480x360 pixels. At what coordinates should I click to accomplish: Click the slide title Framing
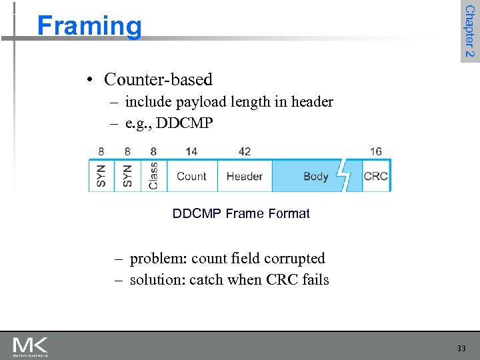coord(89,26)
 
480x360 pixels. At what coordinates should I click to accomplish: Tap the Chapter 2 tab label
coord(469,31)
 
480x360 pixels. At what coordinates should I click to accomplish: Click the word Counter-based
coord(158,79)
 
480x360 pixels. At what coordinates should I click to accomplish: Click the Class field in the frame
coord(153,176)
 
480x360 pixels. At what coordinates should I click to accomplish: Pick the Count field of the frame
coord(191,177)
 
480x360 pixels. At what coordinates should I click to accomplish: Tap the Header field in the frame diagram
coord(244,177)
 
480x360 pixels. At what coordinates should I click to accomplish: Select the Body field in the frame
coord(315,177)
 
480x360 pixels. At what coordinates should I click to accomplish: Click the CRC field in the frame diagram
coord(376,177)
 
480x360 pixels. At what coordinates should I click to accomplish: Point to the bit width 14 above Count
coord(191,151)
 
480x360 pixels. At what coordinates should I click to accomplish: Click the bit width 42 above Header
coord(244,151)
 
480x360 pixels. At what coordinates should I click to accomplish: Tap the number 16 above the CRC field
coord(376,151)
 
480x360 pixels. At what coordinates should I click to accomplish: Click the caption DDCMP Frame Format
coord(241,214)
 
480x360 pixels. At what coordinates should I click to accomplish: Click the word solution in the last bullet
coord(155,279)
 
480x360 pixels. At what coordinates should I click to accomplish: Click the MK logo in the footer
coord(30,346)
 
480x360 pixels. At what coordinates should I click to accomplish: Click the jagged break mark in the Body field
coord(344,176)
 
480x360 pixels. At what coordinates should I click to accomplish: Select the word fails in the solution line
coord(315,279)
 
